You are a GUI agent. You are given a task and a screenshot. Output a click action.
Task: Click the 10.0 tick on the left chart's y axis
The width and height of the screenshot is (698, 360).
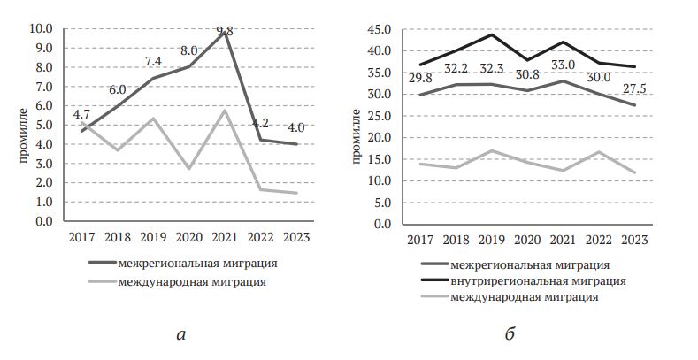click(x=41, y=29)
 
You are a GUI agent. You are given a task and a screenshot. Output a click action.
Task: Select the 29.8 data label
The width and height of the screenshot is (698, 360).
click(x=421, y=79)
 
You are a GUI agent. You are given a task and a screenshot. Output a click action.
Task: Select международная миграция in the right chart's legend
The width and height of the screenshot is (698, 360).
click(x=525, y=296)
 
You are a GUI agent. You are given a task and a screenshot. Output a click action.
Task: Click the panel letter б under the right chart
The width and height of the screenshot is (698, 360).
click(x=510, y=334)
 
